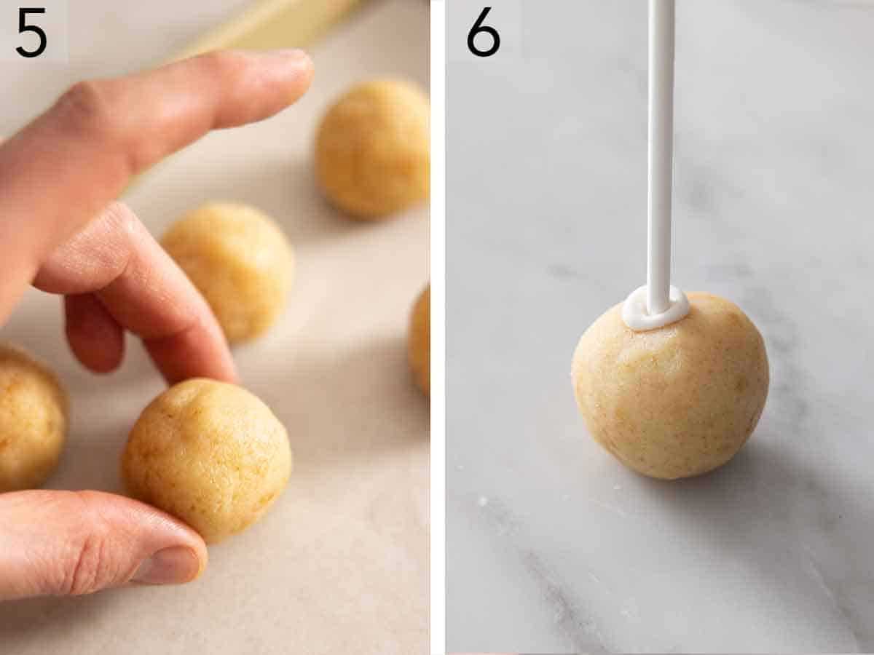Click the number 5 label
point(31,32)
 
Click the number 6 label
point(483,32)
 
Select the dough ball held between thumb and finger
point(207,458)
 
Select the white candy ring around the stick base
point(655,309)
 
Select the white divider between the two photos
point(437,327)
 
